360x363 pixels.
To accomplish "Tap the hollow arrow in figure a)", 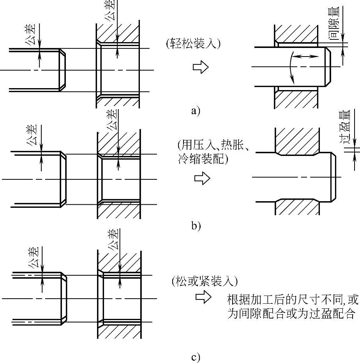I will [201, 67].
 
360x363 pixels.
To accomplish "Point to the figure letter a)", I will [196, 112].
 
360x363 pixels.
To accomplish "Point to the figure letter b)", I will [196, 225].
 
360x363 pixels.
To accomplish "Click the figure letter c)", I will [196, 357].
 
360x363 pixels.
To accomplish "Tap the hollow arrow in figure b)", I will [202, 179].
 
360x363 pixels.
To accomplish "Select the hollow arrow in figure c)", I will [203, 298].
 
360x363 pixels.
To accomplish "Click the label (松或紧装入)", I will [204, 281].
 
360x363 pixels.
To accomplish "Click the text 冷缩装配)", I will [202, 159].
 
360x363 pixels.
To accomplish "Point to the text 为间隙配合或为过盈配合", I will [291, 313].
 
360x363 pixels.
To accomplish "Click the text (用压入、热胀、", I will [216, 145].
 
